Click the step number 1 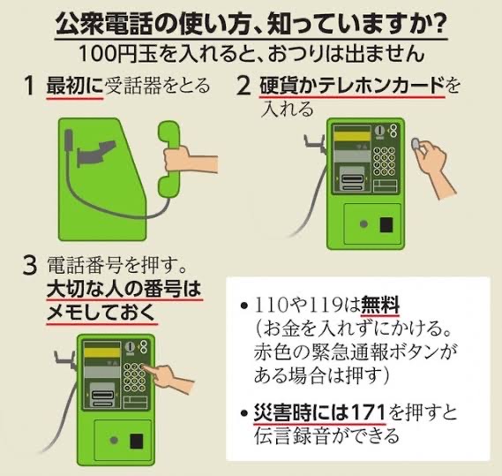click(x=30, y=87)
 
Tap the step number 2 click(x=244, y=87)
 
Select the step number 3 click(x=30, y=266)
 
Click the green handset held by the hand click(x=169, y=159)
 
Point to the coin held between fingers click(x=416, y=143)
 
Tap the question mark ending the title click(x=437, y=24)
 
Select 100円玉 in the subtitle click(x=118, y=54)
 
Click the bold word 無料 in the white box click(x=380, y=305)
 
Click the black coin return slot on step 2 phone click(x=386, y=224)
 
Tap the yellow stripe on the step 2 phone click(x=352, y=136)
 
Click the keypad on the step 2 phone click(x=385, y=162)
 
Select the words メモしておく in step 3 click(x=101, y=314)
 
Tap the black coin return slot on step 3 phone click(x=137, y=441)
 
